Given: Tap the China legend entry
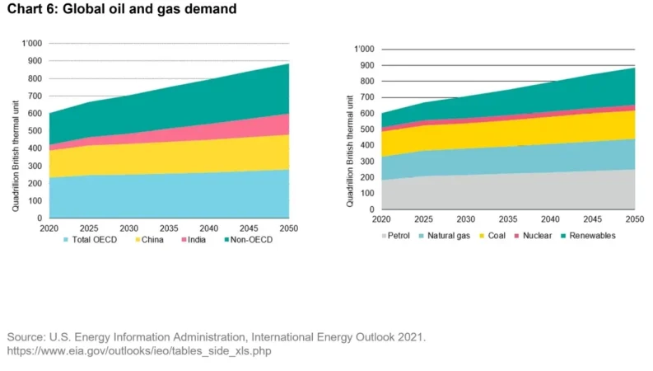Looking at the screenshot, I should point(150,240).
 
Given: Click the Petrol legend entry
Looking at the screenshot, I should point(397,235).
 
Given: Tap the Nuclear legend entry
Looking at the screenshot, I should point(562,235).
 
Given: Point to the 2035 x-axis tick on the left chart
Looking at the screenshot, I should point(170,228).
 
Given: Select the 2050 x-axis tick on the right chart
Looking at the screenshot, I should point(635,219).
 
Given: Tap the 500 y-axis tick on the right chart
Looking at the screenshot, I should point(366,129).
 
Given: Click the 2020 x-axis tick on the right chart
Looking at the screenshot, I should point(380,219).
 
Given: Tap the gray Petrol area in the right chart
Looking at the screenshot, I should point(511,194).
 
